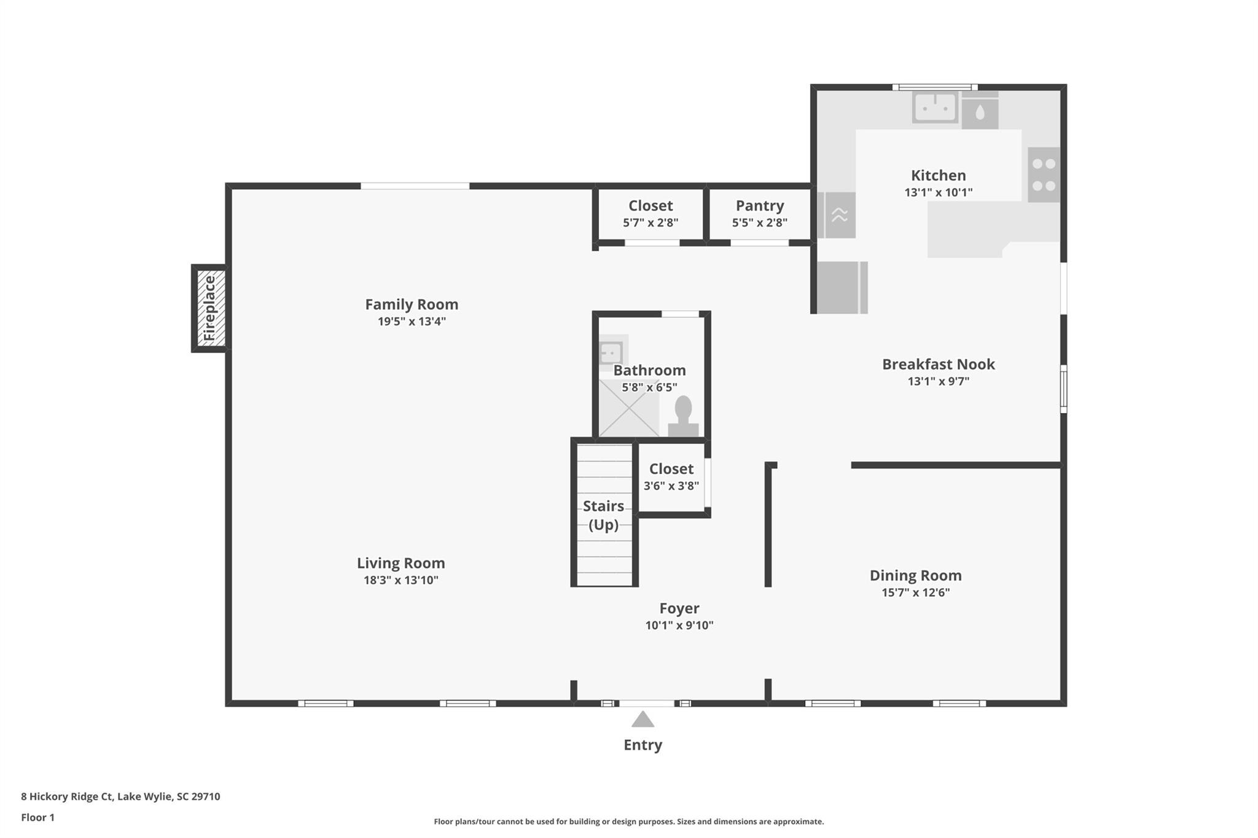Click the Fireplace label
(x=209, y=308)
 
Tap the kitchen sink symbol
(x=935, y=107)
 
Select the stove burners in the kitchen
(x=1044, y=174)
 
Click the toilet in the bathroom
(x=683, y=417)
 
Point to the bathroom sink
(x=611, y=353)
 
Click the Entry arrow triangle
(x=643, y=719)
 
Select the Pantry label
(x=760, y=206)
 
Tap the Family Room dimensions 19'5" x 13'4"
(x=412, y=321)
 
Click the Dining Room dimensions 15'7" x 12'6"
(x=916, y=592)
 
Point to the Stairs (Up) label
(x=603, y=515)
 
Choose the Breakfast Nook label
(x=939, y=364)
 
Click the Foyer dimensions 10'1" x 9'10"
(x=679, y=626)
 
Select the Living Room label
(x=401, y=563)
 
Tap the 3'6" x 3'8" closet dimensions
(x=671, y=486)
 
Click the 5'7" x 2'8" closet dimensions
(x=650, y=223)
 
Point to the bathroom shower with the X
(x=629, y=408)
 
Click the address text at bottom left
(x=120, y=797)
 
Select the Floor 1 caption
(x=38, y=817)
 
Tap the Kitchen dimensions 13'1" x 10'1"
(x=939, y=192)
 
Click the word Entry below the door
(x=643, y=745)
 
